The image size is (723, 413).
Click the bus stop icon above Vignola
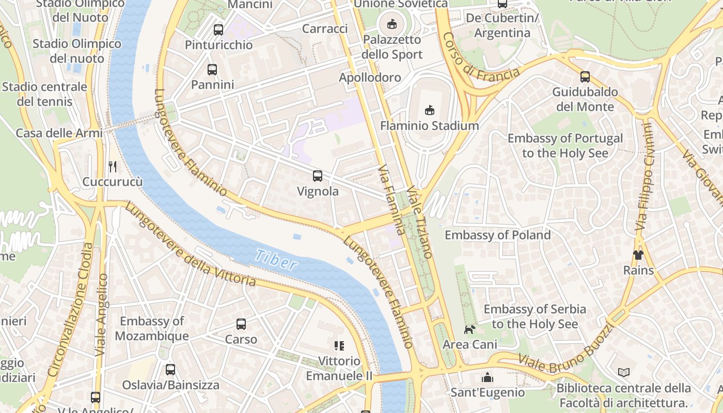click(x=318, y=176)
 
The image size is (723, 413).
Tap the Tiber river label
click(x=276, y=260)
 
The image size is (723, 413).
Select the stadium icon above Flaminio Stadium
click(x=429, y=110)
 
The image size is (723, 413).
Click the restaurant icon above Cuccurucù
click(x=113, y=166)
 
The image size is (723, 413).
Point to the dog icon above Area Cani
click(x=469, y=329)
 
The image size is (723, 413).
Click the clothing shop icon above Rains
click(x=638, y=255)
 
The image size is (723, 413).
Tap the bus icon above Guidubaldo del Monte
click(x=585, y=77)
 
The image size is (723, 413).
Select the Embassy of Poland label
click(x=497, y=235)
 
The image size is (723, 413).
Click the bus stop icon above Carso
click(x=241, y=324)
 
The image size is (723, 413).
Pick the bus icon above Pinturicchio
click(x=218, y=29)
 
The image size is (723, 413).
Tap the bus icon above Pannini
click(x=212, y=69)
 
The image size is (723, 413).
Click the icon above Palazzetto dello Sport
click(x=392, y=24)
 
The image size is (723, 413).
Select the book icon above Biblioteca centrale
click(x=624, y=372)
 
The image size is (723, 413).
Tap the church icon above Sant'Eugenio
click(x=488, y=377)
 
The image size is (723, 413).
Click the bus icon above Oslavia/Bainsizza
click(x=170, y=370)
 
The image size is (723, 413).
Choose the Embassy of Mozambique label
click(x=151, y=329)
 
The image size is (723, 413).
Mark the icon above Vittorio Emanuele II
click(x=339, y=345)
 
